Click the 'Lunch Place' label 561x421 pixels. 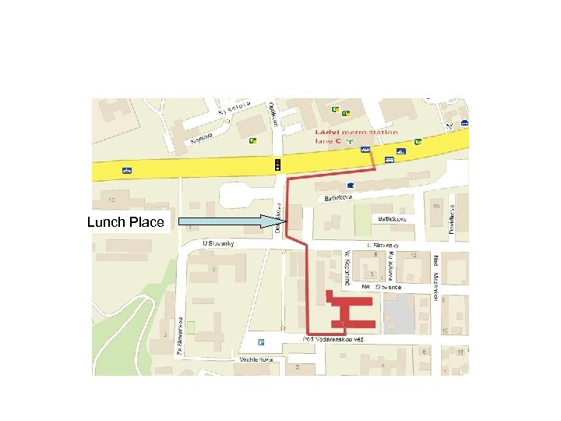pyautogui.click(x=125, y=222)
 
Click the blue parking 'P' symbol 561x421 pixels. pyautogui.click(x=262, y=341)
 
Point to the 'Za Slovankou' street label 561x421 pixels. pyautogui.click(x=179, y=336)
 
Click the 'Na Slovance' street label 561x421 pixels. pyautogui.click(x=382, y=287)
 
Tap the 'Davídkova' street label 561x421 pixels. pyautogui.click(x=452, y=214)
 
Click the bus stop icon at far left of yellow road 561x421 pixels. pyautogui.click(x=126, y=169)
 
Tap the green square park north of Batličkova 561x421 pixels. pyautogui.click(x=362, y=223)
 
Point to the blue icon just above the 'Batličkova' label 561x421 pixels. pyautogui.click(x=351, y=185)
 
